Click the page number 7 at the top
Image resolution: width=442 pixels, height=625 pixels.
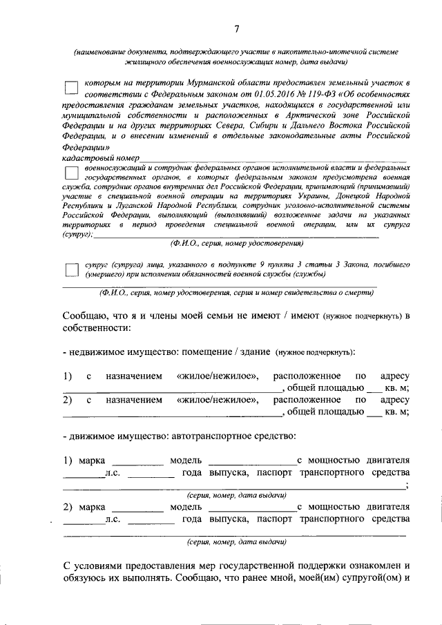236,28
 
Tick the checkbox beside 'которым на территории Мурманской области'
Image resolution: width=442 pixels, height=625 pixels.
70,88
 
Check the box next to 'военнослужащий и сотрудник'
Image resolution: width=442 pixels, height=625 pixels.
70,175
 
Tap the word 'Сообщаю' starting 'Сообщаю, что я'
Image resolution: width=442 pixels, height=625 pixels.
88,316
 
